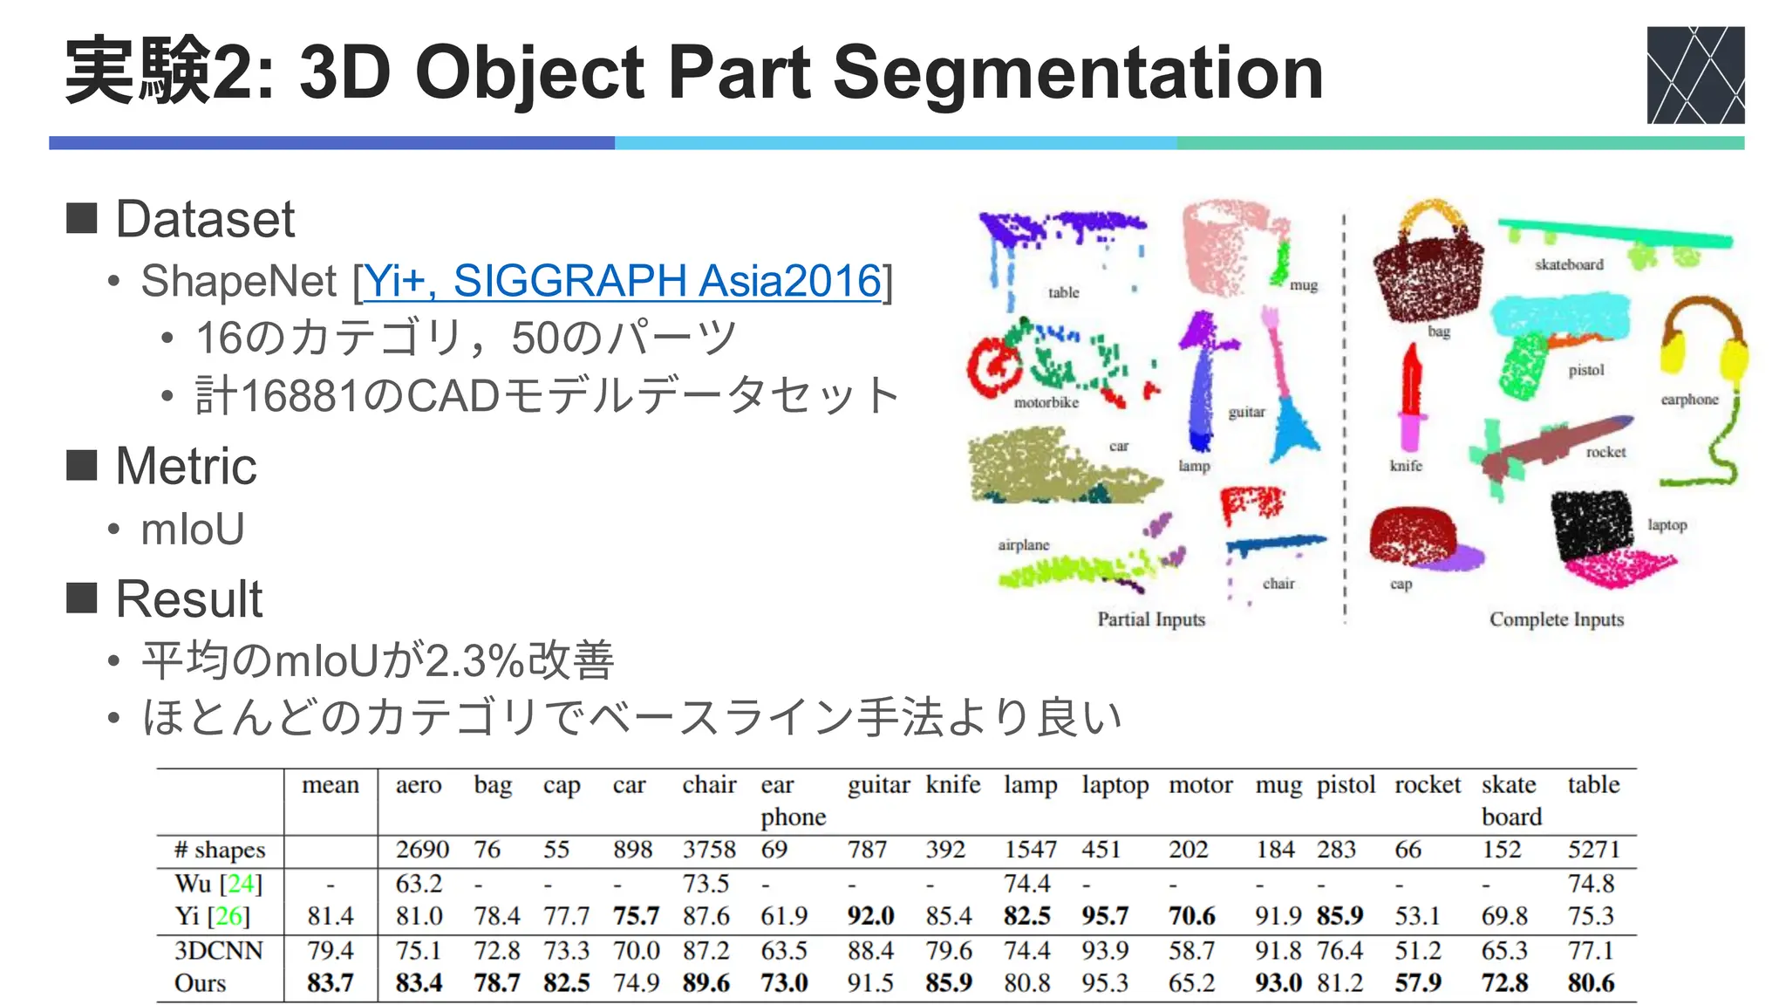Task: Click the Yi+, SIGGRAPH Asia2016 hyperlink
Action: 622,281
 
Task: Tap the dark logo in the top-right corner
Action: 1694,75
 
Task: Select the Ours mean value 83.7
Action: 330,983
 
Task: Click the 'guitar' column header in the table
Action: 878,785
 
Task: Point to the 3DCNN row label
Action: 218,950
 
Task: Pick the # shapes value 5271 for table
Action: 1592,850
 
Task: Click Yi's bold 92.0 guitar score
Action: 870,916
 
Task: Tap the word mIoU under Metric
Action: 193,530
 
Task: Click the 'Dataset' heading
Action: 205,219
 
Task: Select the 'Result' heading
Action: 188,599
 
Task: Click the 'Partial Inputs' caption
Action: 1151,619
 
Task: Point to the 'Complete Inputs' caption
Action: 1556,619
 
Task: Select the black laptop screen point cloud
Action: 1591,523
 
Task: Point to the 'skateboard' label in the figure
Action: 1569,264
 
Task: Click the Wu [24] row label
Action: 218,884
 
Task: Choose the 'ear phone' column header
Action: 792,801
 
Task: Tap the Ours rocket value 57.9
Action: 1417,983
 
